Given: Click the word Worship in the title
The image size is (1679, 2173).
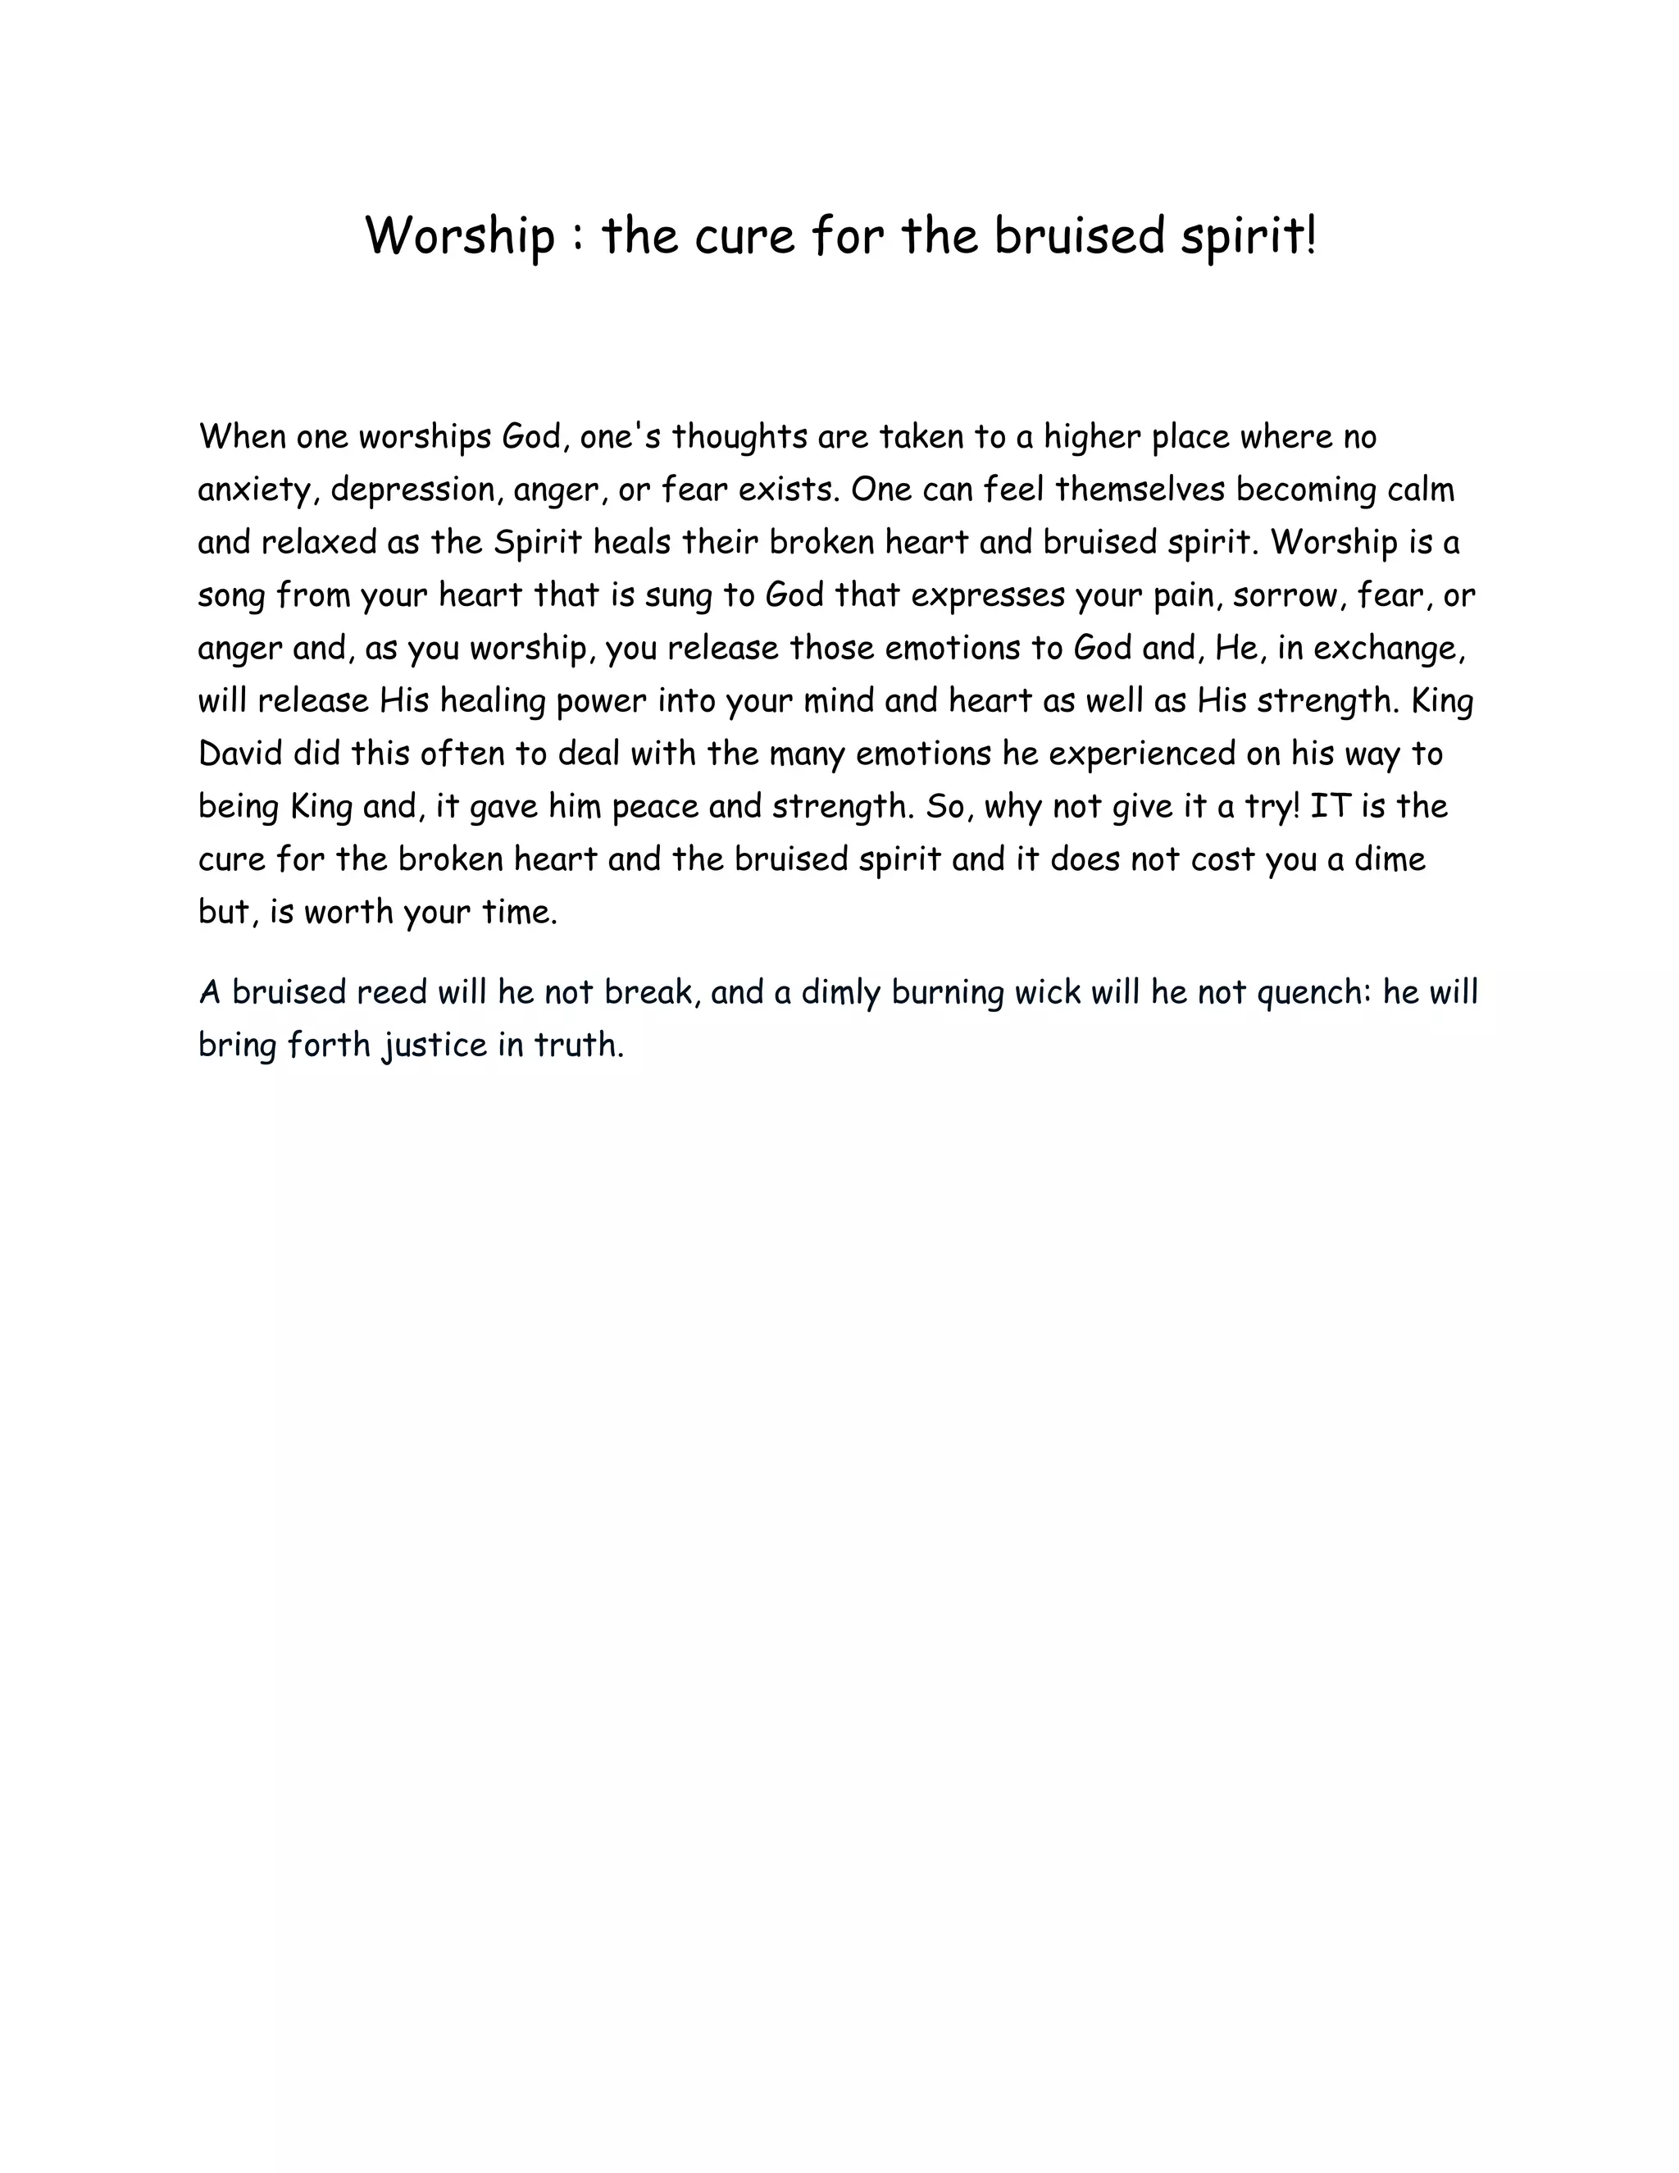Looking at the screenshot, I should (x=460, y=238).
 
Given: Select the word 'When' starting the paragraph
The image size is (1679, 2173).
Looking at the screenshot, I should (x=242, y=437).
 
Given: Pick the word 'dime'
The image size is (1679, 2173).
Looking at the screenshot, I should (x=1390, y=859).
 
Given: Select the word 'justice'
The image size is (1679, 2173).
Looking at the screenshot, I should (x=434, y=1045).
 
